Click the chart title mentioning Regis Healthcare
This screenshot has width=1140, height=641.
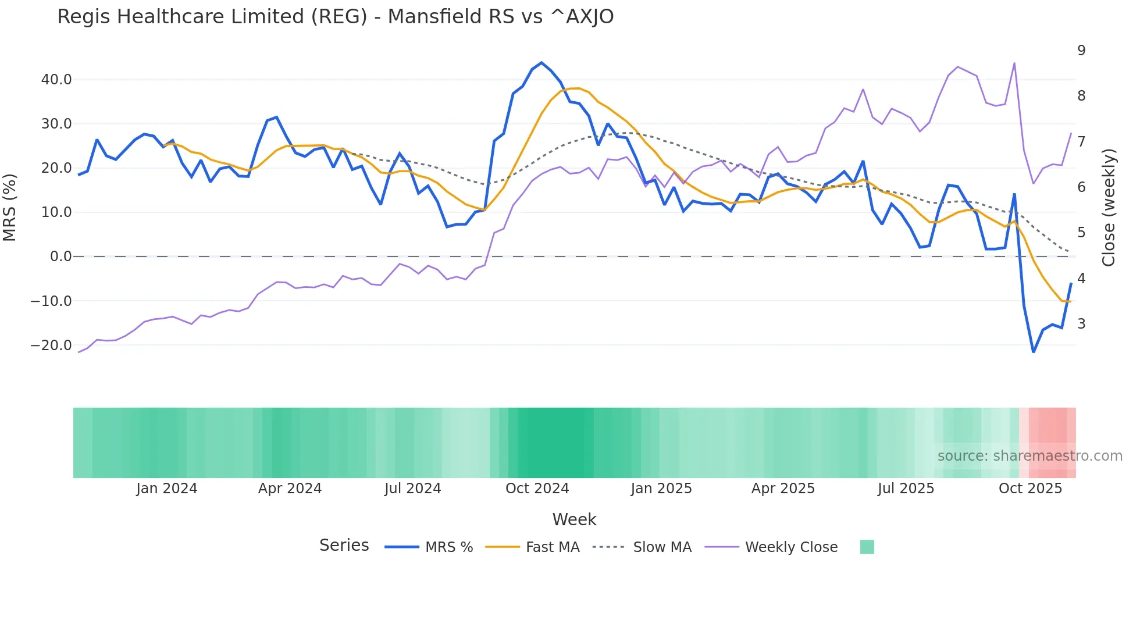coord(335,17)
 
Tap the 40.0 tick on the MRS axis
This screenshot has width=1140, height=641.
coord(56,80)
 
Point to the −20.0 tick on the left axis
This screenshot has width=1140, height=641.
coord(51,346)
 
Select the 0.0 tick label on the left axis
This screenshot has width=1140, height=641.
coord(60,257)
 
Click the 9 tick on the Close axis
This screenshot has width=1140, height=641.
coord(1081,51)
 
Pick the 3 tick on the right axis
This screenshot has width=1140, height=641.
coord(1081,324)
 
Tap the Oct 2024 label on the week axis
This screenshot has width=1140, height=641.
coord(537,489)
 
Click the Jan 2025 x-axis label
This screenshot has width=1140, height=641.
coord(661,489)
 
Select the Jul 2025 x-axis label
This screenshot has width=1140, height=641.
coord(906,489)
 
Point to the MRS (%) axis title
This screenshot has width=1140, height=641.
coord(10,208)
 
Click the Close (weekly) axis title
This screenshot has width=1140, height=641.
coord(1109,208)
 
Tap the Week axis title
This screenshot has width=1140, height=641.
coord(574,519)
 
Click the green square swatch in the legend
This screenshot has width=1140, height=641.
coord(867,547)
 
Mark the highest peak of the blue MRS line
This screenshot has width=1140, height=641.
coord(541,63)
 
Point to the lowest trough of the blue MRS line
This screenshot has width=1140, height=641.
coord(1034,352)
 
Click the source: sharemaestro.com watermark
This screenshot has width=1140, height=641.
coord(1029,456)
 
